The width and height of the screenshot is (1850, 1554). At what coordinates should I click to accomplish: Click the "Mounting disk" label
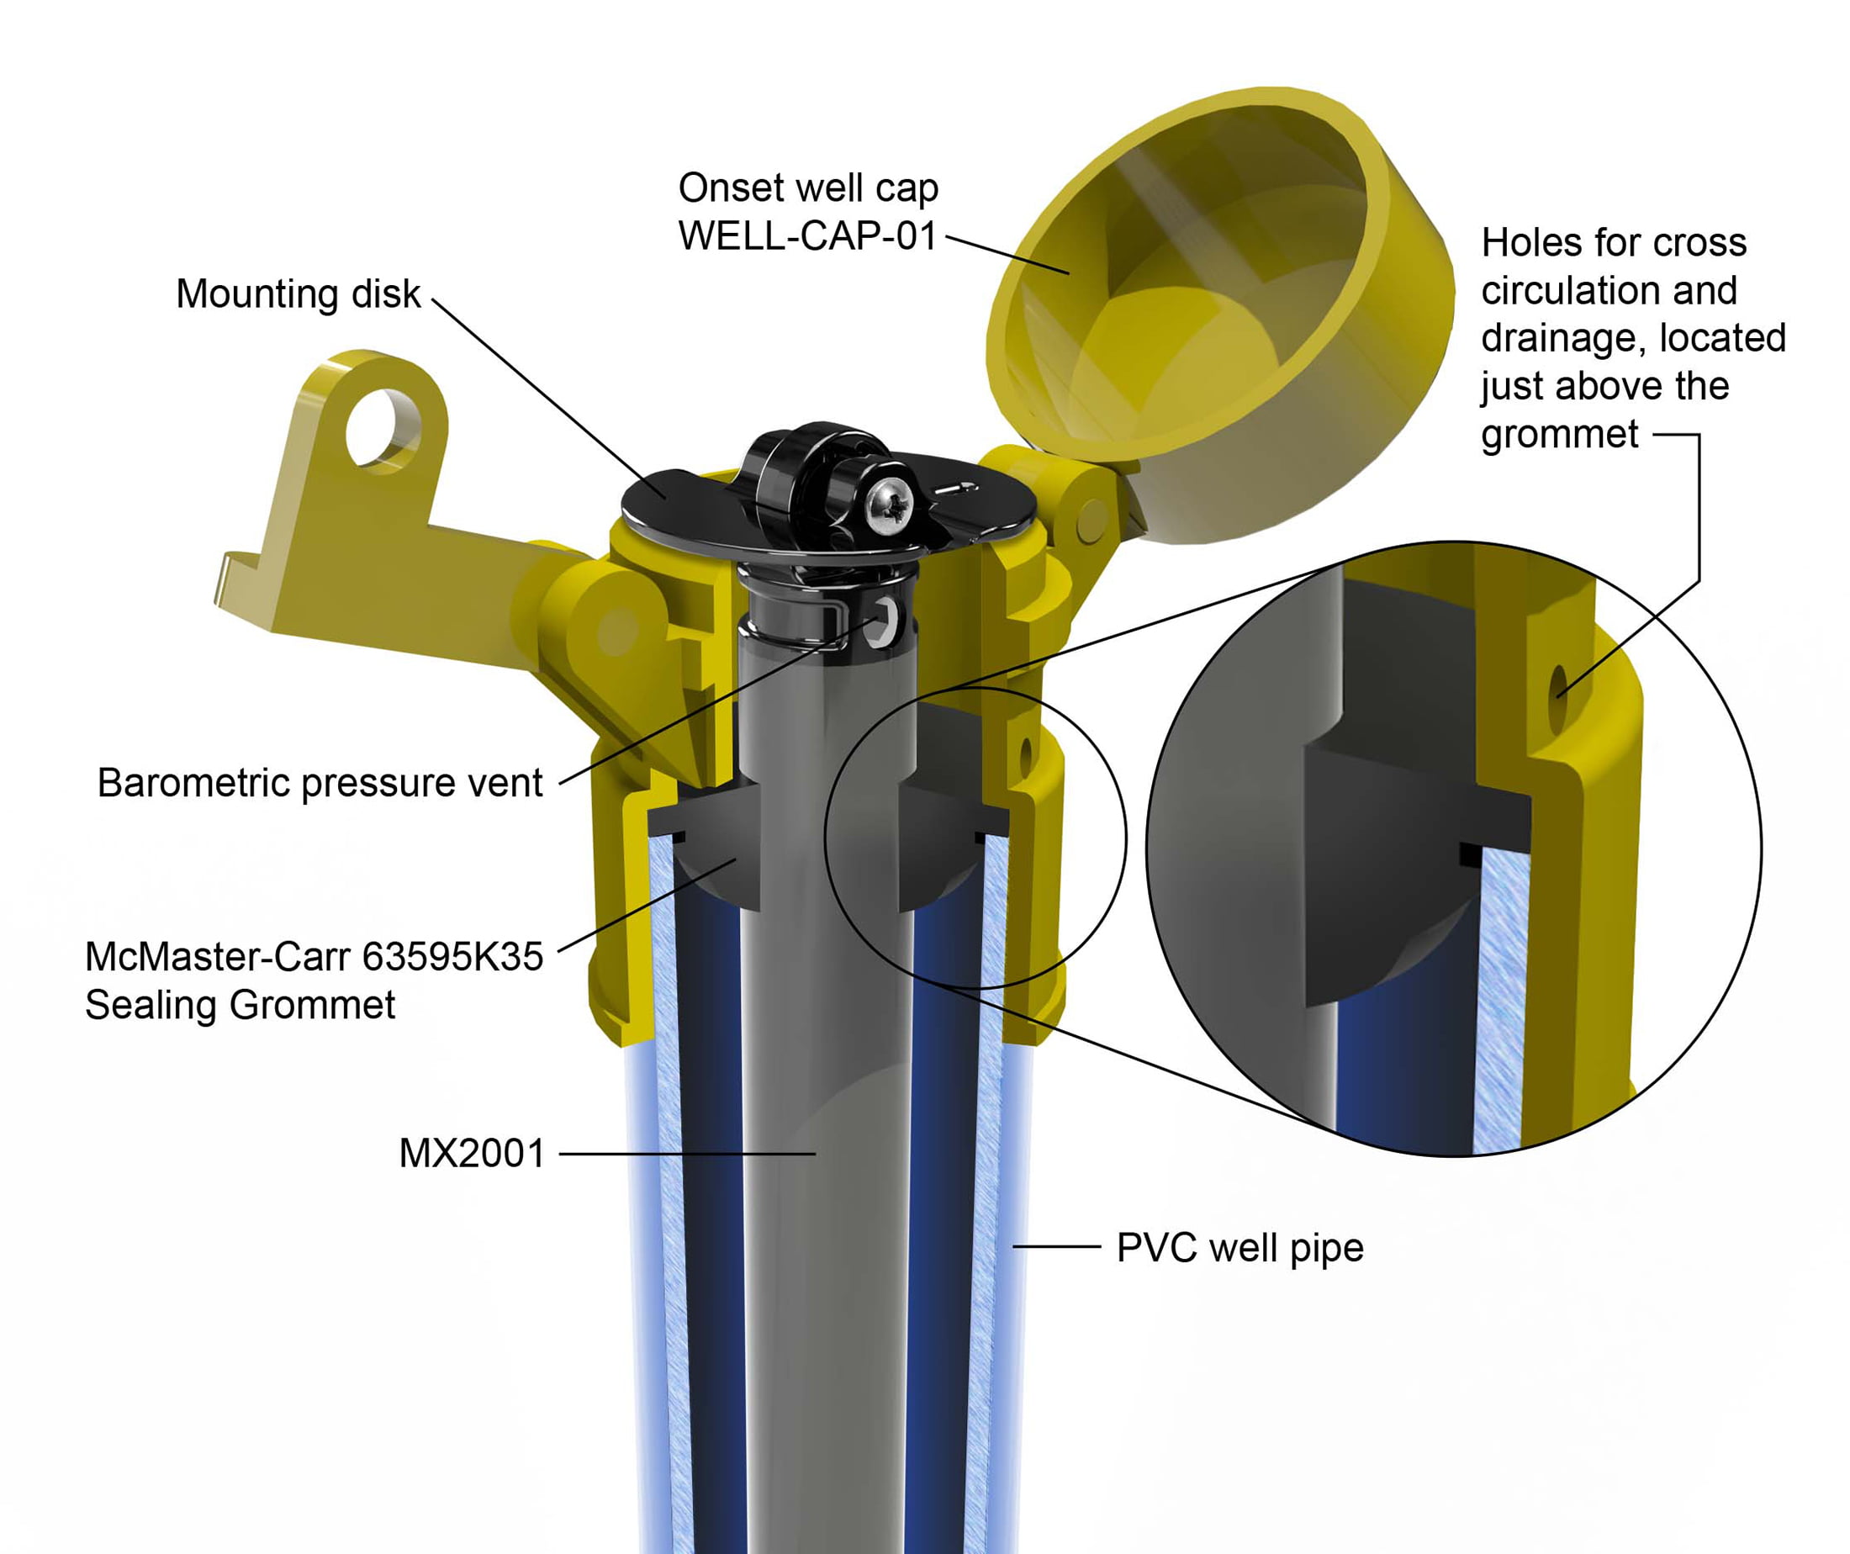tap(298, 294)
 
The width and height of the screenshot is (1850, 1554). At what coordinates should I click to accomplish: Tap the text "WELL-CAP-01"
tap(807, 236)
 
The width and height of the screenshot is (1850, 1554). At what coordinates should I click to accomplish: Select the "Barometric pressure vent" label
tap(319, 783)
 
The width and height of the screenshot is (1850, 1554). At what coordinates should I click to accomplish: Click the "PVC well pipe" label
tap(1239, 1248)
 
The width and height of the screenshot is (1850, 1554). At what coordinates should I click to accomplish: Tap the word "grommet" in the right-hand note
tap(1559, 434)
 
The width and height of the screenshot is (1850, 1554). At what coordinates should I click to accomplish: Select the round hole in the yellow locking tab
tap(383, 427)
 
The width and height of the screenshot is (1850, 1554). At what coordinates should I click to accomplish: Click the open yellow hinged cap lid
tap(1224, 317)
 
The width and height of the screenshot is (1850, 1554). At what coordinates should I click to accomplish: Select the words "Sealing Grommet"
tap(240, 1005)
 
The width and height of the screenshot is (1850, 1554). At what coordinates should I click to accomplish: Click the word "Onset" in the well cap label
tap(728, 188)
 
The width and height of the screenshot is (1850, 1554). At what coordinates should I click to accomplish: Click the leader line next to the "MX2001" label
tap(687, 1154)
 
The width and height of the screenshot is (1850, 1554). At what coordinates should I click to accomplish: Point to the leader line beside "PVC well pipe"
tap(1057, 1246)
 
